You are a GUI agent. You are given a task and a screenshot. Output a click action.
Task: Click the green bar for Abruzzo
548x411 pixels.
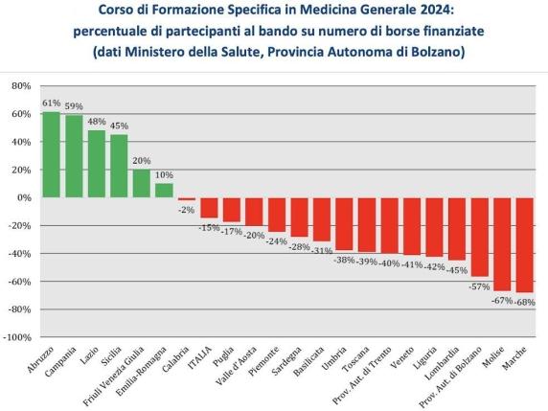(x=51, y=154)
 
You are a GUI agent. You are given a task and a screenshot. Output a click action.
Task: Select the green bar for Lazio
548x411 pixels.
(x=96, y=164)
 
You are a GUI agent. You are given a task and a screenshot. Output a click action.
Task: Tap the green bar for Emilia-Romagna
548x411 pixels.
(x=164, y=190)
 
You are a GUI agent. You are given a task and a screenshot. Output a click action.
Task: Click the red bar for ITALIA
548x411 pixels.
(x=209, y=208)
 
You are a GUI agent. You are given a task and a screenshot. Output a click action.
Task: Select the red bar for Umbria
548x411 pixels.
(x=344, y=223)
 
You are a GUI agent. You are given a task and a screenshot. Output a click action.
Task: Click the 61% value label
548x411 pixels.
(x=51, y=103)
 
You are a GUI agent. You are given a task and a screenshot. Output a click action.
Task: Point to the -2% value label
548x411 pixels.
(x=186, y=210)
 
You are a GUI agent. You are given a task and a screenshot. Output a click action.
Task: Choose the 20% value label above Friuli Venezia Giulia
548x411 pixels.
(x=142, y=161)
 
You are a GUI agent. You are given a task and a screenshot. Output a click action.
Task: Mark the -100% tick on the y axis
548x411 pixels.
(x=17, y=338)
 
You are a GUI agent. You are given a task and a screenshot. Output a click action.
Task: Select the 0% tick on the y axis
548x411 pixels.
(x=24, y=198)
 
